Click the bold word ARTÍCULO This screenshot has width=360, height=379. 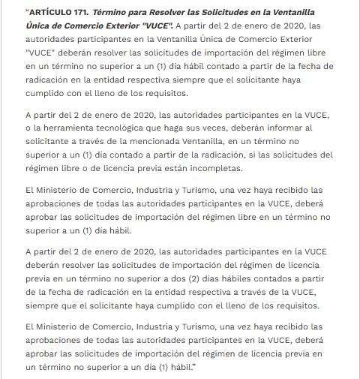click(53, 13)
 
